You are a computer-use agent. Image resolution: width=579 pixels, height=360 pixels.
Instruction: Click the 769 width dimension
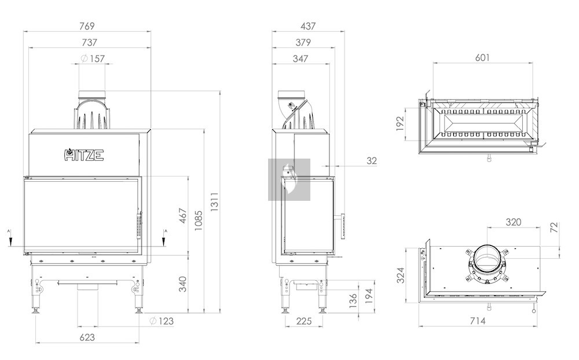(x=87, y=26)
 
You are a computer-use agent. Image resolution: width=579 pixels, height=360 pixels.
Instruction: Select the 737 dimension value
(x=89, y=42)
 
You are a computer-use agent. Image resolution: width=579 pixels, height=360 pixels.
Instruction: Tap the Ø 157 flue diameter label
(x=93, y=58)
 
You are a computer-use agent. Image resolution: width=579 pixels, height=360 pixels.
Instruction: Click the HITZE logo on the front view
(x=84, y=155)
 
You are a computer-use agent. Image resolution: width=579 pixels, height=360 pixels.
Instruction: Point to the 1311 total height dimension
(x=215, y=201)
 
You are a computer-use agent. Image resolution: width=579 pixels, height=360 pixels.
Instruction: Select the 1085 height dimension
(x=198, y=221)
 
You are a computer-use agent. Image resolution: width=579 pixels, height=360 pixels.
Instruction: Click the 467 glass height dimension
(x=183, y=216)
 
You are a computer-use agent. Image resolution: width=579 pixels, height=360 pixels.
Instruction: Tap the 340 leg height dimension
(x=183, y=284)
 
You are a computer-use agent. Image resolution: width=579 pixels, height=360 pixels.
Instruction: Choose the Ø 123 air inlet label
(x=162, y=321)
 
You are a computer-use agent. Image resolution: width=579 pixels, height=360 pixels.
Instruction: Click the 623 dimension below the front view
(x=87, y=337)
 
